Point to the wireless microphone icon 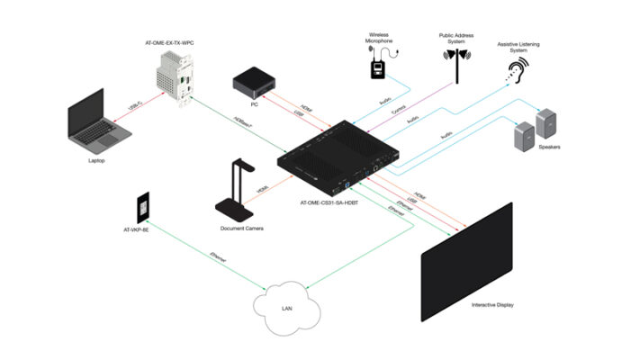[x=378, y=65]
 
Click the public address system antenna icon [x=455, y=63]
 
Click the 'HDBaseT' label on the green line [x=239, y=120]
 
